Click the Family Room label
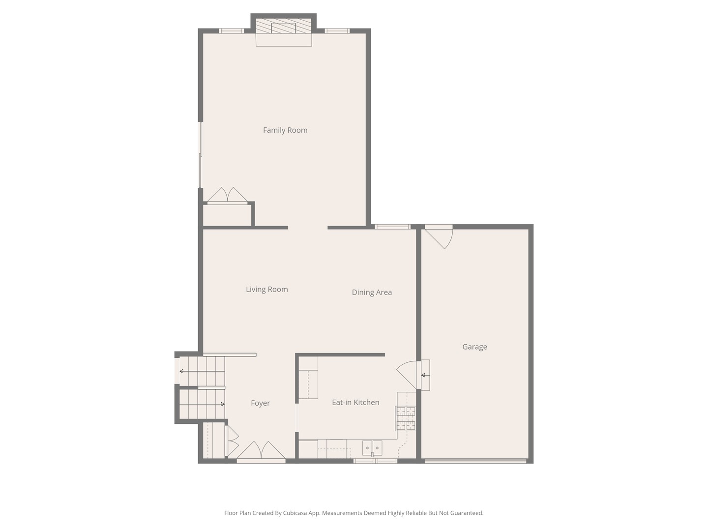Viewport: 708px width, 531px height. (x=285, y=130)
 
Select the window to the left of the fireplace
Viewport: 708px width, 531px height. (x=231, y=31)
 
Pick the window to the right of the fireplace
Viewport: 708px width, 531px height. (x=337, y=31)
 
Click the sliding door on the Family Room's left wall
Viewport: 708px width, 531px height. (x=200, y=155)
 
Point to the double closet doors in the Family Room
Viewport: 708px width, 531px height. (x=227, y=196)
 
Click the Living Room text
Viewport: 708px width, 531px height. (x=266, y=290)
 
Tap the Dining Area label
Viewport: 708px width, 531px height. (x=372, y=293)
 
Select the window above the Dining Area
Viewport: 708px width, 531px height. (x=392, y=227)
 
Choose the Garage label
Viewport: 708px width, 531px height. (x=474, y=347)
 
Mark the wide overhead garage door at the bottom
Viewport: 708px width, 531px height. (x=475, y=461)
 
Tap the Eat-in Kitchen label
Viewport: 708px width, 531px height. (x=355, y=403)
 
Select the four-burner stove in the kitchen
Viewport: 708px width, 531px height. (x=406, y=418)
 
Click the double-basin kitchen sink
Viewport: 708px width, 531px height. (x=372, y=448)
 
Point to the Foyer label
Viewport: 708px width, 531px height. (x=260, y=403)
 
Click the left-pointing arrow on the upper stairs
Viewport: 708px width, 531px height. (x=182, y=371)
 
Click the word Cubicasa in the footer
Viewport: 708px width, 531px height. (x=295, y=513)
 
